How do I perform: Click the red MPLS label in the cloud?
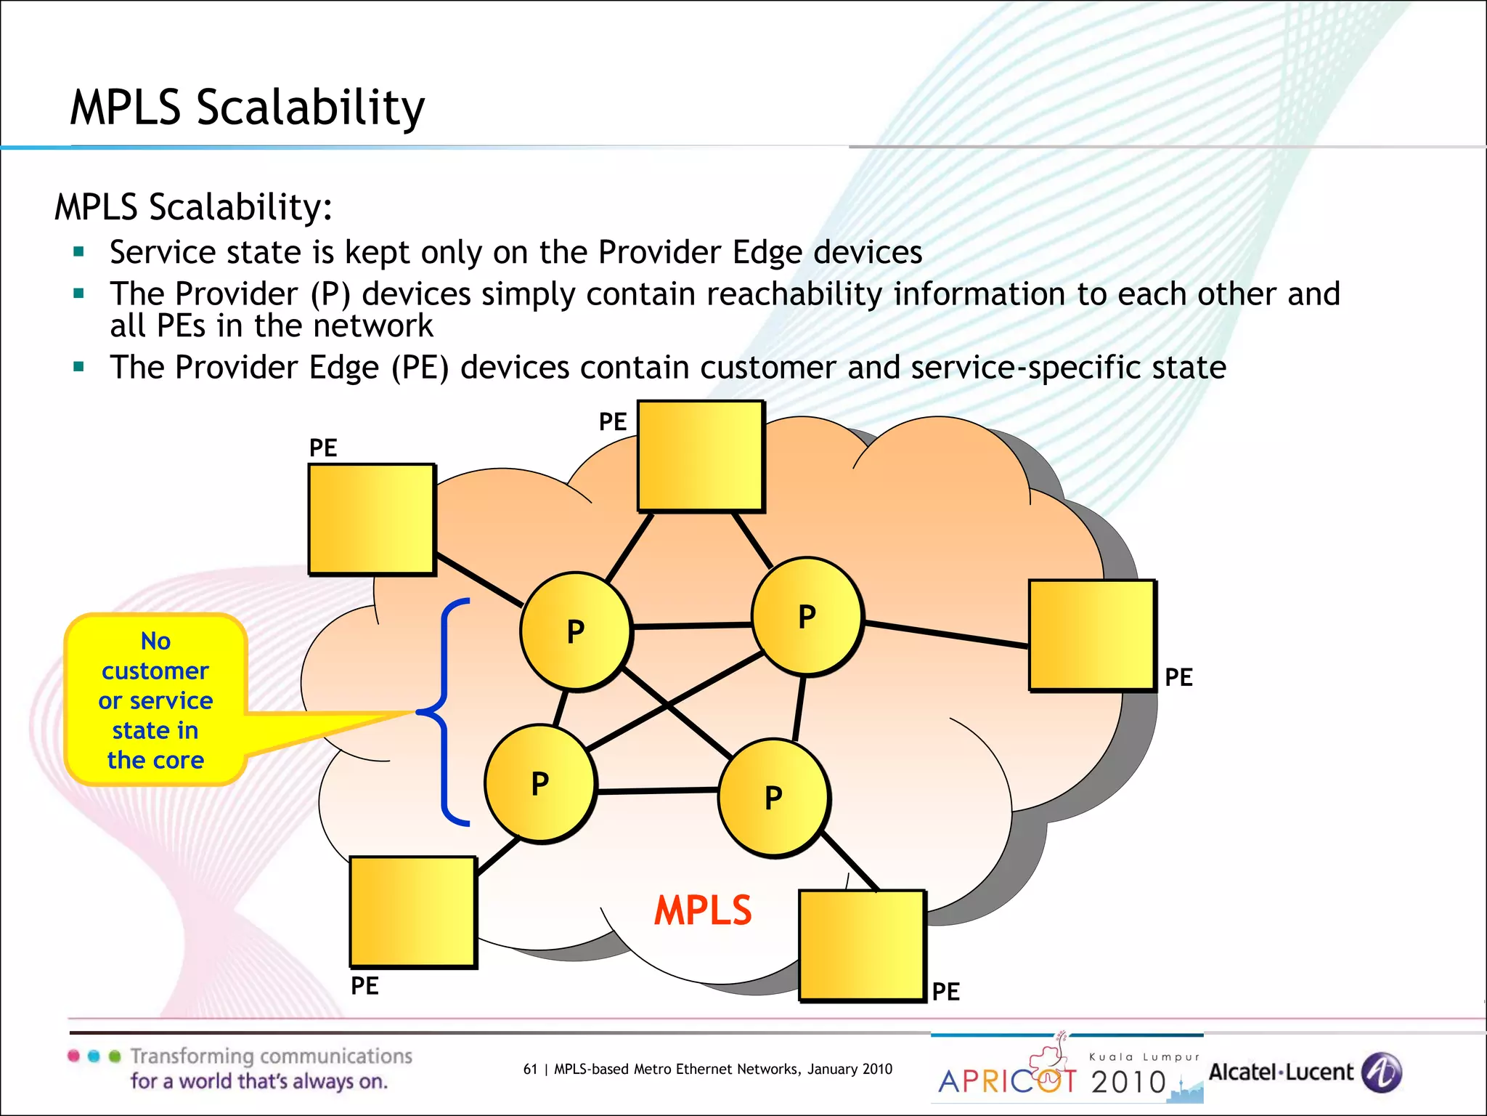[702, 910]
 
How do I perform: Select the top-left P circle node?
[576, 631]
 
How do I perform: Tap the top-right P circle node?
[807, 617]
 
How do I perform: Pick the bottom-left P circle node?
[540, 784]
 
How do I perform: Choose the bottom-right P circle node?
[773, 798]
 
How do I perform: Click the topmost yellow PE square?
[701, 456]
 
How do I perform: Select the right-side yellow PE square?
[1091, 635]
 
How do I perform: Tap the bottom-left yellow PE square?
[412, 912]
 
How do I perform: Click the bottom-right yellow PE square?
[862, 945]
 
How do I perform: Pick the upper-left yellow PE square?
[372, 519]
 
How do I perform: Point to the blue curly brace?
[444, 712]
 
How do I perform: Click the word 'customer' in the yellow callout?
[155, 671]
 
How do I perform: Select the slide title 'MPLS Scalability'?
[247, 108]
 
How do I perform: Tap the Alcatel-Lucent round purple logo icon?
[1381, 1072]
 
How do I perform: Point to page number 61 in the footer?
[530, 1069]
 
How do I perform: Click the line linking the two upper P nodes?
[692, 625]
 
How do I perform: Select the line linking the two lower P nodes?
[657, 790]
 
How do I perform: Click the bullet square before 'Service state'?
[79, 253]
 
